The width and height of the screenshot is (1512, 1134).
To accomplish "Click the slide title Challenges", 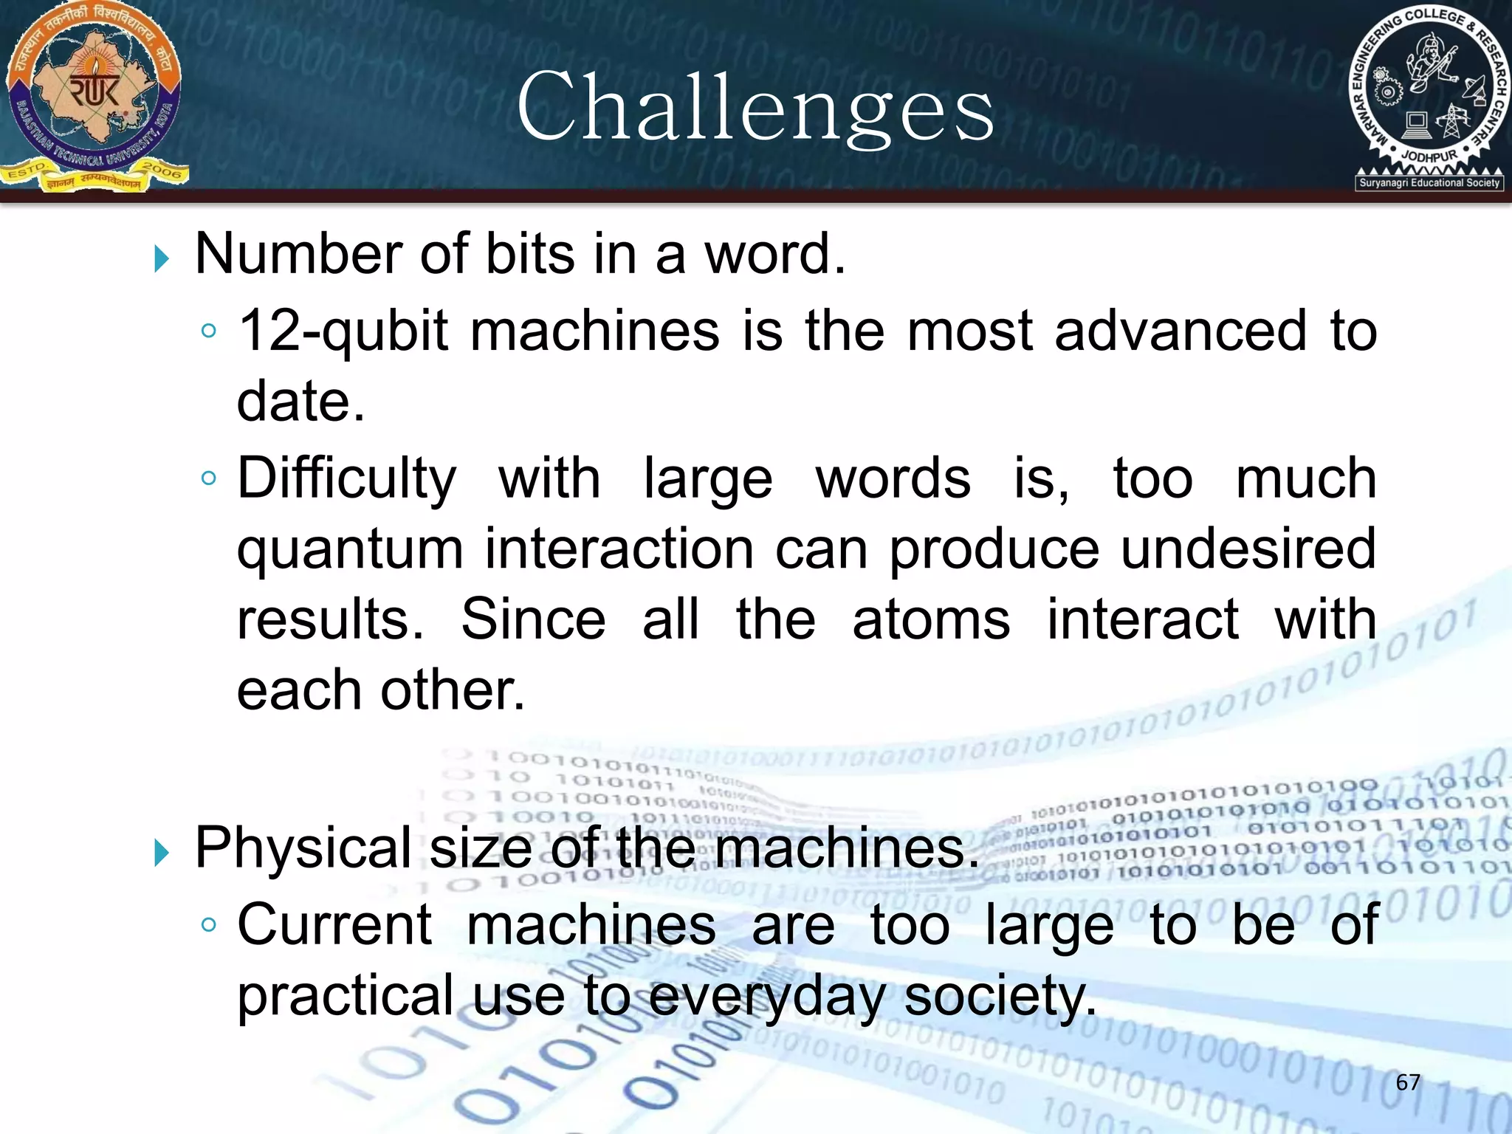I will tap(755, 109).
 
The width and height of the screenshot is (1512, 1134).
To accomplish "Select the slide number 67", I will tap(1408, 1082).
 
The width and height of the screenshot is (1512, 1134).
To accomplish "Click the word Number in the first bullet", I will tap(299, 254).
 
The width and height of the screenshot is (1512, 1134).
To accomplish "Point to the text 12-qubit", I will tap(343, 331).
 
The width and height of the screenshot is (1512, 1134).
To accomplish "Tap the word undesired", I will tap(1248, 550).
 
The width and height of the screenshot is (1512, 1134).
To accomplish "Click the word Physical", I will tap(303, 848).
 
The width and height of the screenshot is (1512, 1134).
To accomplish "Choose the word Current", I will tap(334, 924).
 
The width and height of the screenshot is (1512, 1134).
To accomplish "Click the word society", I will tap(1000, 997).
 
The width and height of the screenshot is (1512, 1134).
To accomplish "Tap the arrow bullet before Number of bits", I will tap(162, 258).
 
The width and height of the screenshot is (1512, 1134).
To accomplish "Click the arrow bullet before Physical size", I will tap(162, 853).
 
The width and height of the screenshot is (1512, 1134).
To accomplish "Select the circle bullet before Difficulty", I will tap(209, 478).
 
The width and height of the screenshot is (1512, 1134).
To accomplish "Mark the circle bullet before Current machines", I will tap(209, 924).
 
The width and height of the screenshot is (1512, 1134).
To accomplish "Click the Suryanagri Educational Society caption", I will tap(1429, 182).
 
